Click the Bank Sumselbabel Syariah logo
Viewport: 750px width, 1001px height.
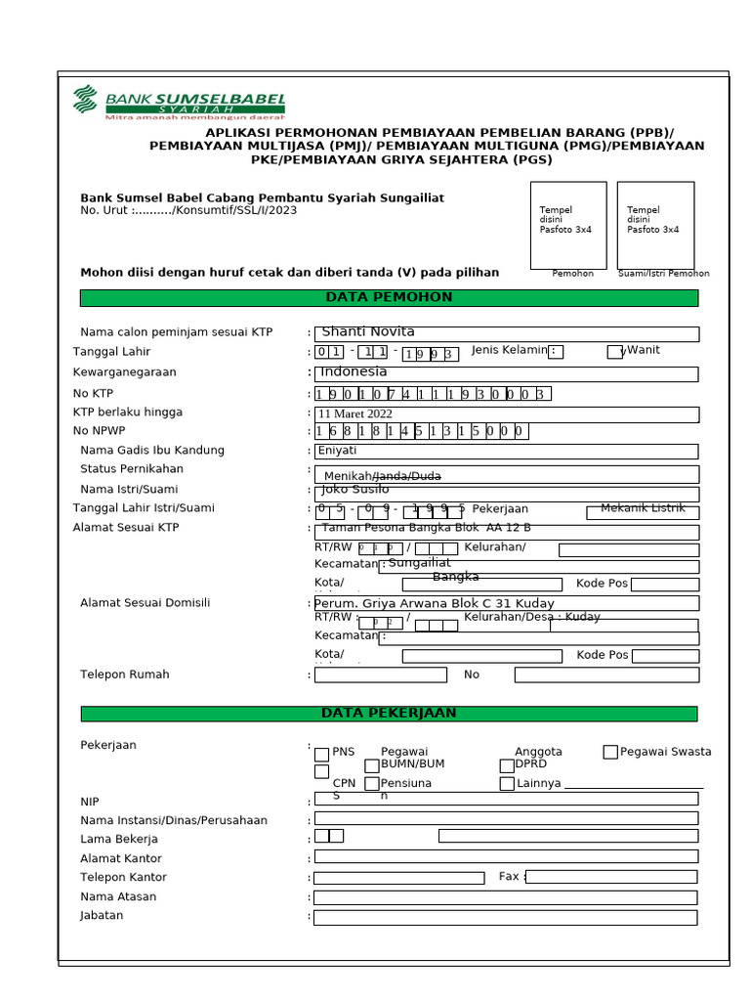(x=178, y=103)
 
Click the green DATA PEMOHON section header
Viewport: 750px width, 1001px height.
(x=389, y=298)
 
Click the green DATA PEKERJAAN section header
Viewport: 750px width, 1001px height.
(x=389, y=714)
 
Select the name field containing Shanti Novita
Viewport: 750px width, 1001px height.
(x=505, y=334)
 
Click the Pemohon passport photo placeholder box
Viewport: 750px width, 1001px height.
(x=567, y=225)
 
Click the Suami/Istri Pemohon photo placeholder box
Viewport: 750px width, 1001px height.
(x=655, y=225)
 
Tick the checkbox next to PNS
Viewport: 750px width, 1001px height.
(x=321, y=754)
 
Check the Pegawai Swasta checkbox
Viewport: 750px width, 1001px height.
(x=610, y=752)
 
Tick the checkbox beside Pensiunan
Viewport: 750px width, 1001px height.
(x=371, y=784)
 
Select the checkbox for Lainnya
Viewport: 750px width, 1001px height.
(x=507, y=784)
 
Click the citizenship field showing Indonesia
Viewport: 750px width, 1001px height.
(x=505, y=373)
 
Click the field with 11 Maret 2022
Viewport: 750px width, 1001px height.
(x=505, y=413)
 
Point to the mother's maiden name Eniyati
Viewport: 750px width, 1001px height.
(x=505, y=451)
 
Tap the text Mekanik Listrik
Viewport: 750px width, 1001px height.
(x=643, y=508)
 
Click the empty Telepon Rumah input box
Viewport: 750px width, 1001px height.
(x=380, y=675)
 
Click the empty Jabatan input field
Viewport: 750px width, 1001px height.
(x=505, y=917)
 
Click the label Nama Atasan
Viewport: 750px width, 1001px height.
(x=118, y=896)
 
